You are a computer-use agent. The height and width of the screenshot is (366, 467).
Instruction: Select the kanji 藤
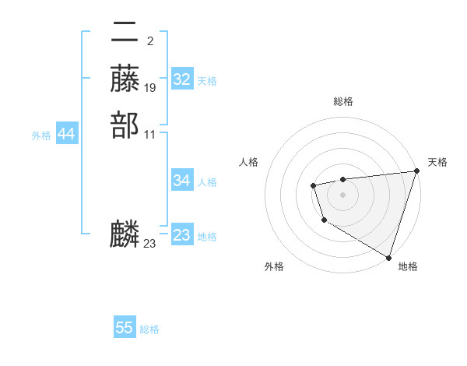point(125,79)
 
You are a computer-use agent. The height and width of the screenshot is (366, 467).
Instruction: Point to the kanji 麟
point(125,234)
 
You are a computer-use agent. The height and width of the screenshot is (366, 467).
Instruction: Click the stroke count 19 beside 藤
point(150,88)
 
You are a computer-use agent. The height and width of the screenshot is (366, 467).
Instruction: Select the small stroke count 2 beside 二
point(149,41)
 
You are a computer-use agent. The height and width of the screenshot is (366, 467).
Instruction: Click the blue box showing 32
point(182,79)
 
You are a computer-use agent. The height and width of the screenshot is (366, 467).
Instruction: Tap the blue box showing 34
point(182,181)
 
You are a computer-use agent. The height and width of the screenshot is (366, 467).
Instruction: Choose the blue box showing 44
point(67,135)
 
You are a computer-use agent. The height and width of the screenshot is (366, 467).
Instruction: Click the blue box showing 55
point(125,328)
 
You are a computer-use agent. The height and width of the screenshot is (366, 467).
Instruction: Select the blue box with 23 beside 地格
point(182,235)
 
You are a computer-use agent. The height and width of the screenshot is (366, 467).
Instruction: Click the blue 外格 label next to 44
point(41,135)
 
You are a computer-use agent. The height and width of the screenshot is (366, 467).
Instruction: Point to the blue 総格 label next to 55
point(149,329)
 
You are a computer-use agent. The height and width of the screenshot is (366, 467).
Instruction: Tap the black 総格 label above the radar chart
point(342,101)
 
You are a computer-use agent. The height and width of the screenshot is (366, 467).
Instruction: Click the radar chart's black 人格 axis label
point(249,162)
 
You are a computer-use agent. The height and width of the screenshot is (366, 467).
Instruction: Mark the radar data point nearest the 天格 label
point(416,171)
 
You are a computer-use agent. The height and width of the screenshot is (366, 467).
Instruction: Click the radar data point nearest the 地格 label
point(388,256)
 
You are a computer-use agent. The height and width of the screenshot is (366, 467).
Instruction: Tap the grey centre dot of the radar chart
point(342,194)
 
